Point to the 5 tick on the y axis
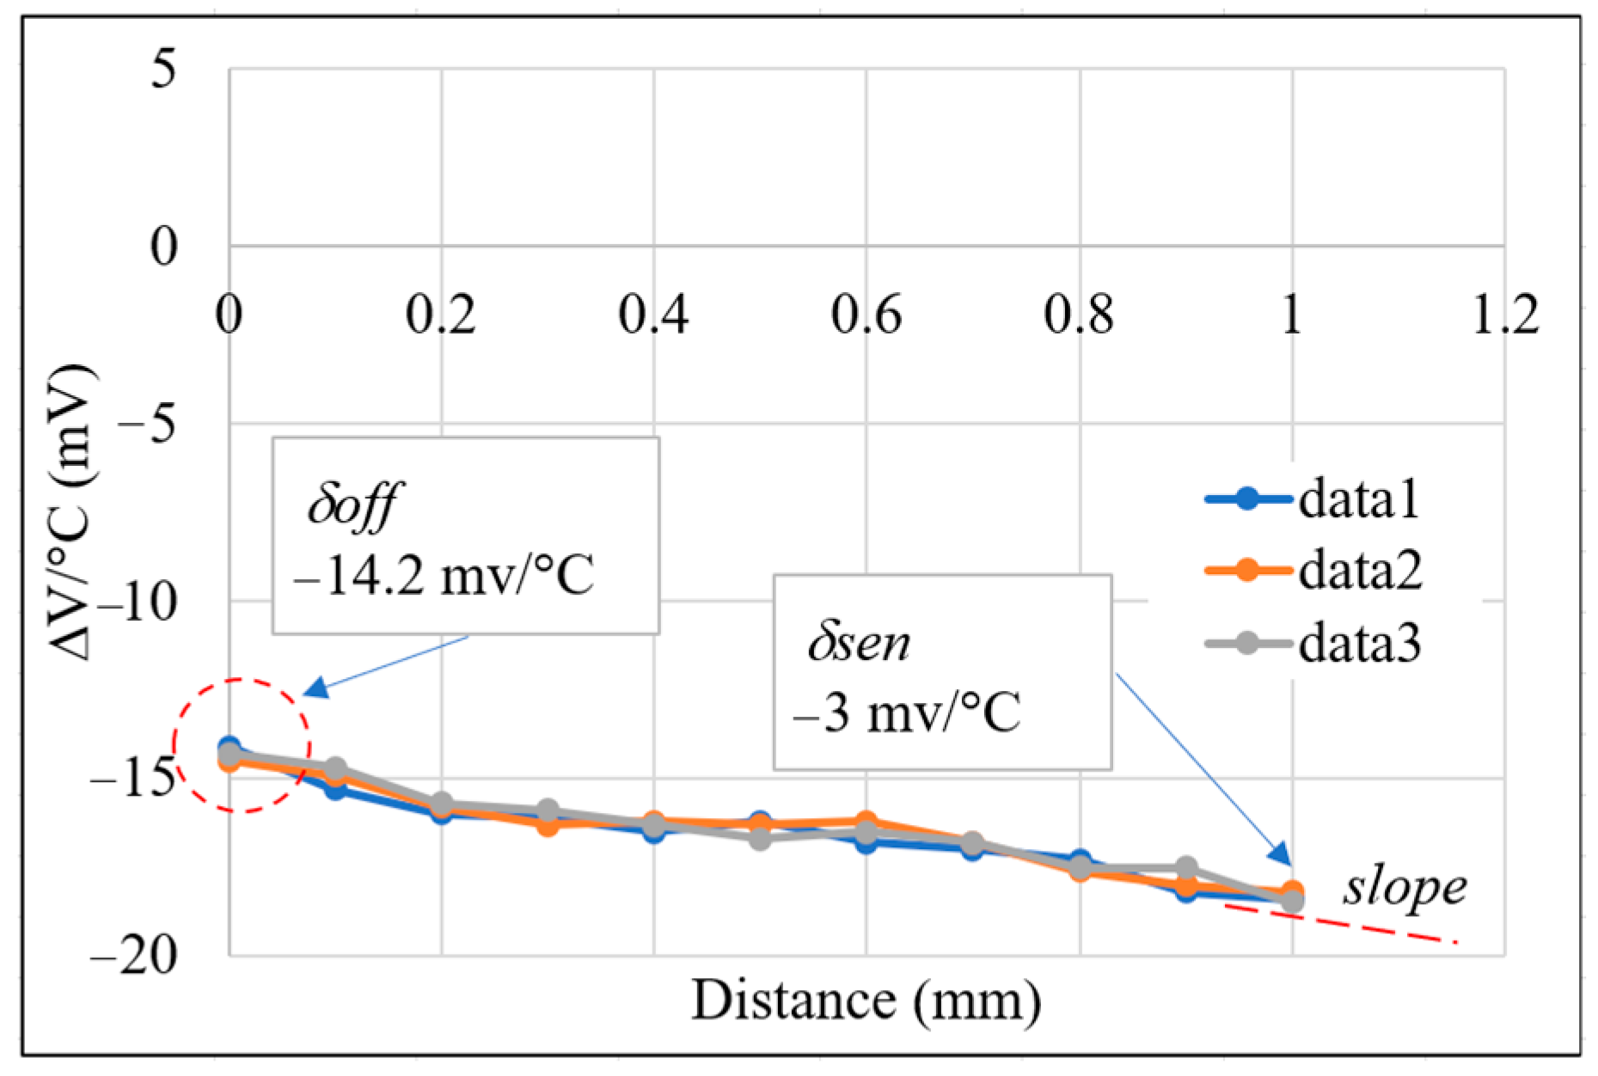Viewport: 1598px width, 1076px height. (x=163, y=69)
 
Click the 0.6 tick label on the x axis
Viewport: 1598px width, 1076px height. (x=866, y=315)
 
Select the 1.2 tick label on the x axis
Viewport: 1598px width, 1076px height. (x=1504, y=315)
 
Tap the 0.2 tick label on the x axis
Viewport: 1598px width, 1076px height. (x=440, y=315)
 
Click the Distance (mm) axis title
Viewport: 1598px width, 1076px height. (x=866, y=1001)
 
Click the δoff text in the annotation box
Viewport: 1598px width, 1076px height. (x=352, y=505)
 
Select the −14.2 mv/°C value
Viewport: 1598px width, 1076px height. (x=444, y=577)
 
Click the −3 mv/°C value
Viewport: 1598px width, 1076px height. (x=907, y=713)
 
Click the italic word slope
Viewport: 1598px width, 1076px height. (x=1405, y=889)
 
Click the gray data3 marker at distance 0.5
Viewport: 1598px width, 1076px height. (x=759, y=839)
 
